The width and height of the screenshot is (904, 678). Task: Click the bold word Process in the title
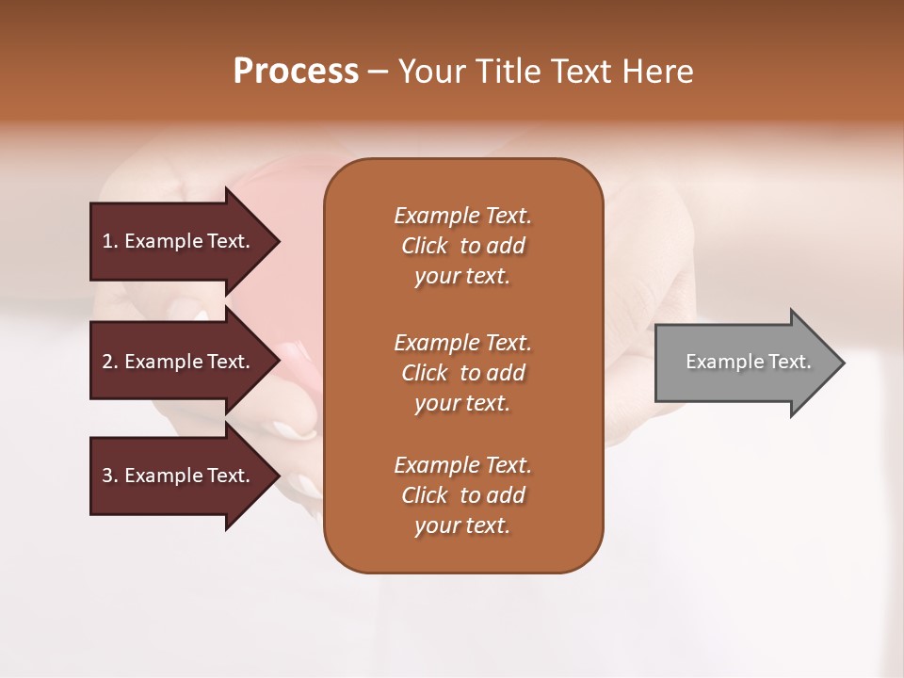click(x=296, y=72)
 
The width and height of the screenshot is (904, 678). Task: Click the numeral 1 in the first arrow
click(x=107, y=241)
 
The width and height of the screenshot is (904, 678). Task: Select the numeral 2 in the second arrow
click(x=107, y=362)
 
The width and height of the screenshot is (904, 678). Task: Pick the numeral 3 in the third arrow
click(x=107, y=476)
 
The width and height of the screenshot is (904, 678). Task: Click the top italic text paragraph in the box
click(x=462, y=246)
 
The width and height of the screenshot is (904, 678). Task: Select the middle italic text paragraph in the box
click(x=462, y=373)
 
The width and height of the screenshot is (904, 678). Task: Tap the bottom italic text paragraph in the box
click(x=462, y=495)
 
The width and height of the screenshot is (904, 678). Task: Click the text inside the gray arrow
click(x=748, y=362)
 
